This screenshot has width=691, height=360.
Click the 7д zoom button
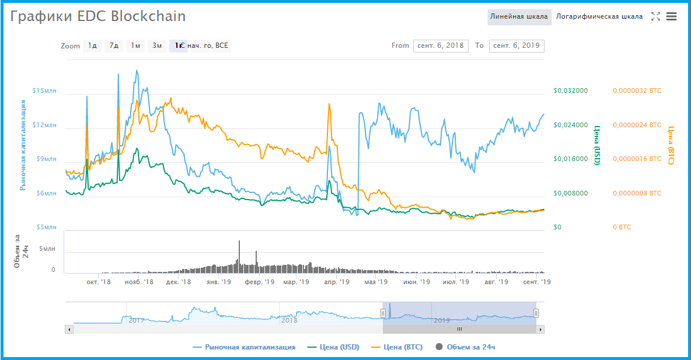tap(114, 46)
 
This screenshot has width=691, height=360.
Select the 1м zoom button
tap(135, 46)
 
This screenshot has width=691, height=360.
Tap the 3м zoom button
tap(156, 46)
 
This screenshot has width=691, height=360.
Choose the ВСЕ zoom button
tap(222, 46)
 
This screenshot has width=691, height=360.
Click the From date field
tap(441, 46)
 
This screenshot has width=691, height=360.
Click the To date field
tap(516, 46)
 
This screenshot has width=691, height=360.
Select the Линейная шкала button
tap(519, 16)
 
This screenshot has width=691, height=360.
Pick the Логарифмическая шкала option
tap(599, 16)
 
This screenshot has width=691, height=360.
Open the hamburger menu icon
tap(671, 16)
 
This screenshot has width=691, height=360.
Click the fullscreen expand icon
tap(655, 16)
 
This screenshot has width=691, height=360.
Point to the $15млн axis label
tap(45, 91)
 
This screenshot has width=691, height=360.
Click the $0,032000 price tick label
tap(571, 91)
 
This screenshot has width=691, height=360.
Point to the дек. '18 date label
tap(179, 282)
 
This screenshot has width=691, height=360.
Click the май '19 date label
tap(376, 282)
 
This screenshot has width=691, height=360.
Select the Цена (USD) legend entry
tap(339, 347)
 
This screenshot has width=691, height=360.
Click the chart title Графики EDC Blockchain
tap(98, 16)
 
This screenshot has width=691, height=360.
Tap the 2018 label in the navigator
tap(289, 320)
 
